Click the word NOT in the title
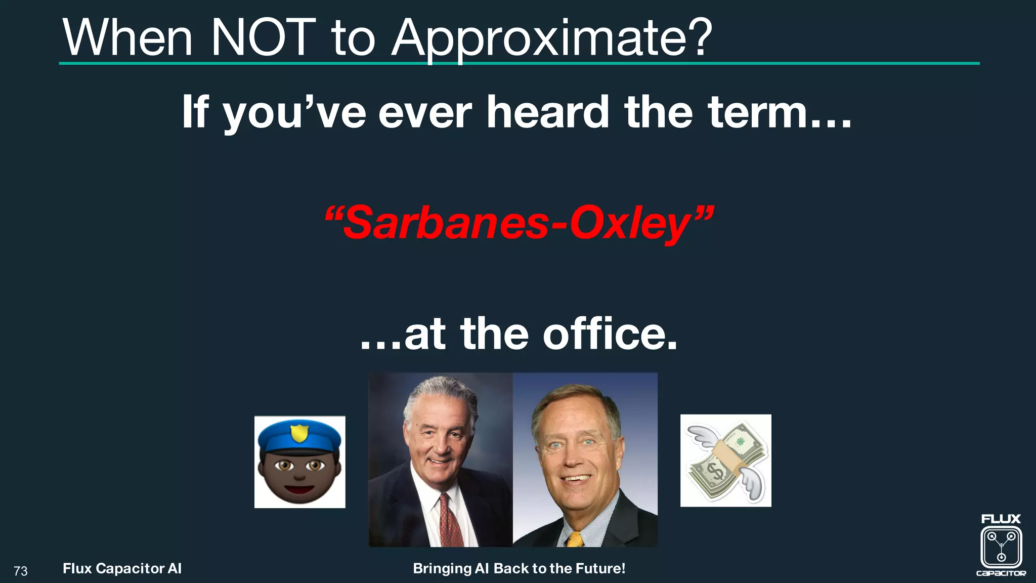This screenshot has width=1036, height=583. pyautogui.click(x=263, y=38)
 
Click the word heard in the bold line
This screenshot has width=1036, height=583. pyautogui.click(x=548, y=112)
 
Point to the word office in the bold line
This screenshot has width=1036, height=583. pyautogui.click(x=610, y=334)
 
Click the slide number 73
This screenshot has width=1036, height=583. pyautogui.click(x=21, y=571)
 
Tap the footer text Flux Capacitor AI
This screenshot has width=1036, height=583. pyautogui.click(x=122, y=568)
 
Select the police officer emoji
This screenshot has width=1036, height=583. pyautogui.click(x=299, y=462)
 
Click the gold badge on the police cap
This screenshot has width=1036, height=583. pyautogui.click(x=299, y=433)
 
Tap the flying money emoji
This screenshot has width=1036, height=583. pyautogui.click(x=725, y=461)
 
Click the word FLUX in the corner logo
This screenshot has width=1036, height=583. pyautogui.click(x=1001, y=519)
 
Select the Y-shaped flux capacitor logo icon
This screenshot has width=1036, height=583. pyautogui.click(x=1001, y=547)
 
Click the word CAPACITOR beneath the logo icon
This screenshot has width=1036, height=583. pyautogui.click(x=1001, y=573)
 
